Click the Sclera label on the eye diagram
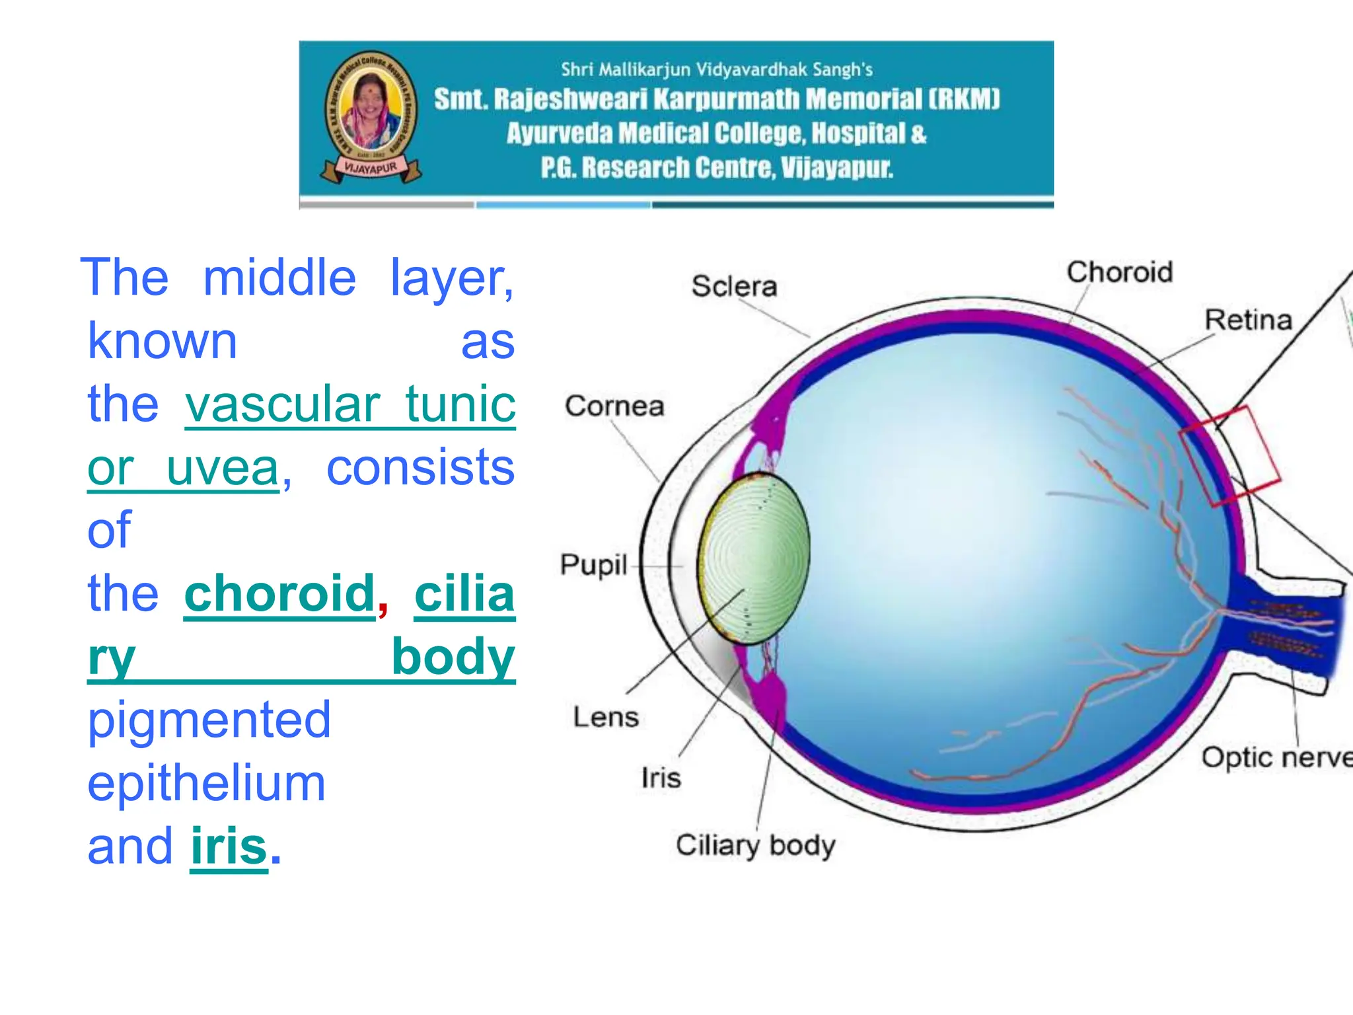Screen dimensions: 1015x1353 click(734, 287)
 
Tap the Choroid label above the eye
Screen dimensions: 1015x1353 click(1119, 272)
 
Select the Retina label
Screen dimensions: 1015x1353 click(1248, 320)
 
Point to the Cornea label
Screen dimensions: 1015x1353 click(614, 406)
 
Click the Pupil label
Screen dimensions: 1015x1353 click(593, 565)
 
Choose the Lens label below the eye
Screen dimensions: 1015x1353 click(605, 717)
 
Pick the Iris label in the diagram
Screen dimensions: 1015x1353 click(661, 778)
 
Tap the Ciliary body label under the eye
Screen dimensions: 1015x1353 click(755, 846)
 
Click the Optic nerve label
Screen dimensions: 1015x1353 click(1276, 757)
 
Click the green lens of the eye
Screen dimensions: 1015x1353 click(754, 558)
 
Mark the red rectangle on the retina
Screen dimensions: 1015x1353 click(1230, 456)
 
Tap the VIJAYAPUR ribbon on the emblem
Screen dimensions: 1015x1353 click(371, 169)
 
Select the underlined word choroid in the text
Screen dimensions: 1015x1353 click(279, 593)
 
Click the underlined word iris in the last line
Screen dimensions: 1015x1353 click(229, 846)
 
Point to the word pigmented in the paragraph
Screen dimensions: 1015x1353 click(209, 720)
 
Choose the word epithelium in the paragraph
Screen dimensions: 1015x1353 click(206, 783)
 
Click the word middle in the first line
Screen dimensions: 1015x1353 click(279, 278)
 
